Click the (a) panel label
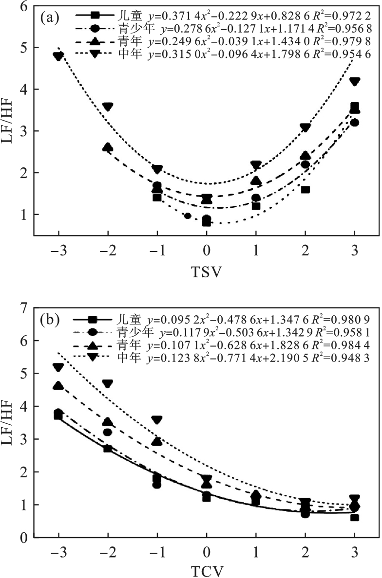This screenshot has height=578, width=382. [x=50, y=19]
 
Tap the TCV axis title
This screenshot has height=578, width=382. [x=207, y=571]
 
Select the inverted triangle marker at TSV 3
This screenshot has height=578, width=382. [x=355, y=82]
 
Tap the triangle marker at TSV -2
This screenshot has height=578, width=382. [x=108, y=147]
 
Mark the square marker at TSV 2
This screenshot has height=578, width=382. [x=306, y=189]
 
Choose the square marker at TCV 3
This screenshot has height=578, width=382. [x=355, y=517]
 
